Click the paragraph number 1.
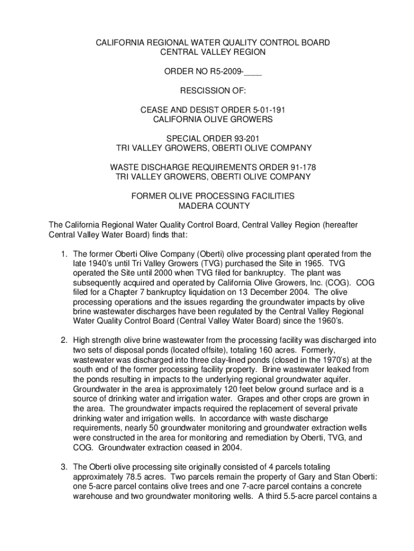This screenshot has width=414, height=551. [63, 254]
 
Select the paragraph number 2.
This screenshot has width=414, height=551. [63, 340]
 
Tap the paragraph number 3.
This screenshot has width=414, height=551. [63, 466]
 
